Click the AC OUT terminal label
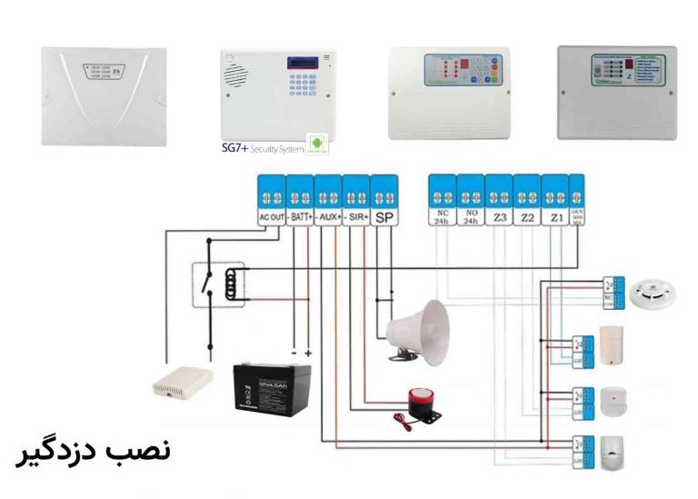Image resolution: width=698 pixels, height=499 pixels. point(271,218)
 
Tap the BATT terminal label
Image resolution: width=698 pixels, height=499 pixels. point(300,218)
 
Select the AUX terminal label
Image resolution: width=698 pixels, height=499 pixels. point(328,218)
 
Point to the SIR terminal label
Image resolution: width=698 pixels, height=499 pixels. point(356,218)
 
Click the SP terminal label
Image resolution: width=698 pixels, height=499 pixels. point(384,218)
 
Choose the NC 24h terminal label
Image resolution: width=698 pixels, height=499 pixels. point(442,218)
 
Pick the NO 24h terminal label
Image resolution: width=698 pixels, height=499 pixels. point(470,218)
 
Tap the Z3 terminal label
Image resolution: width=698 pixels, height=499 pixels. point(498,218)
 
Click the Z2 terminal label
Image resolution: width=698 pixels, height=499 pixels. point(526,218)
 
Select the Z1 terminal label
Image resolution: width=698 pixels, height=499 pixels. point(554,218)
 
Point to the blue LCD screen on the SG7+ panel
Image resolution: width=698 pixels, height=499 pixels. point(301,63)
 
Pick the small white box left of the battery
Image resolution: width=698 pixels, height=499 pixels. point(182,383)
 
